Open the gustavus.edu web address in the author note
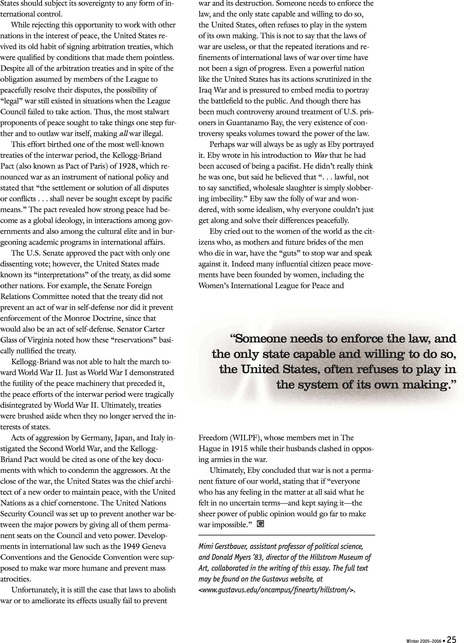click(276, 590)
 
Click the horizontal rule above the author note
click(286, 535)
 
